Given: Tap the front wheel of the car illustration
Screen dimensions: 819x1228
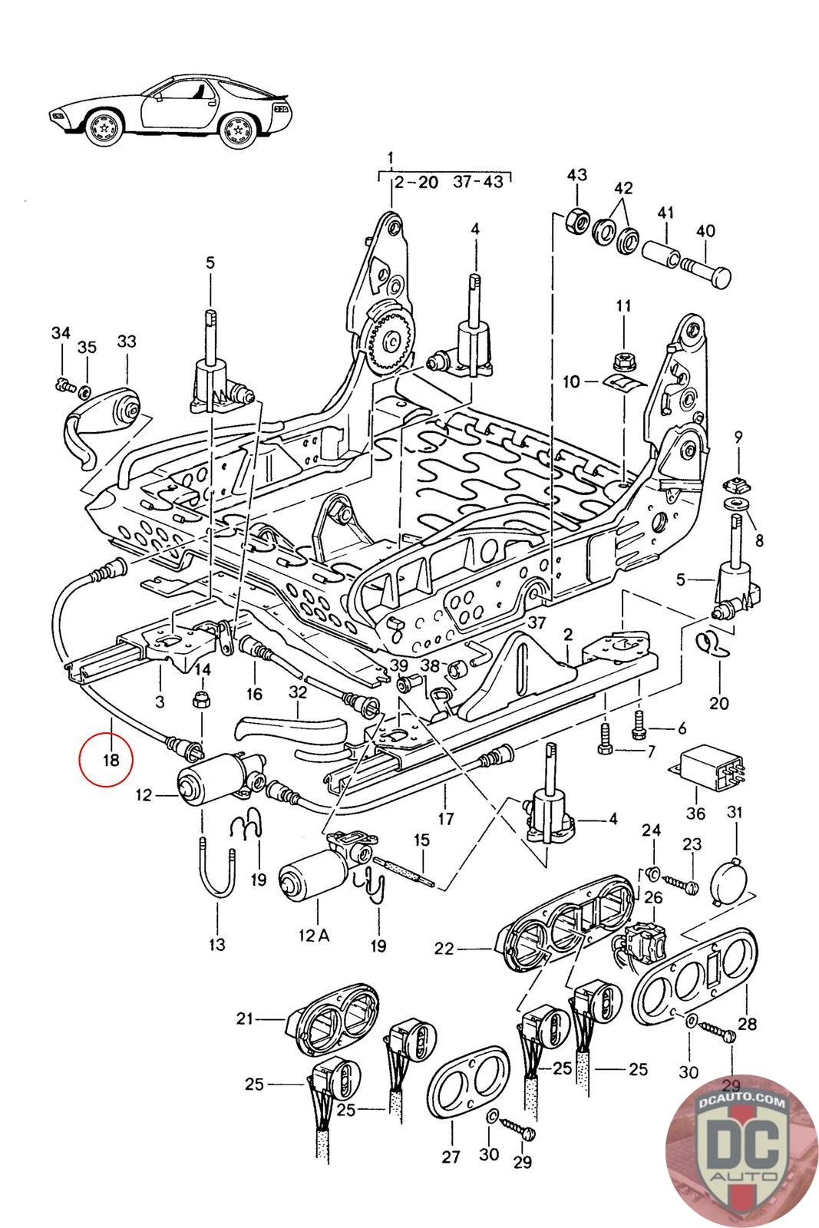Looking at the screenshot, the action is click(x=104, y=128).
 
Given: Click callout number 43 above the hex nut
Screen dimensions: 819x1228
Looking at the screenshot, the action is click(x=576, y=175).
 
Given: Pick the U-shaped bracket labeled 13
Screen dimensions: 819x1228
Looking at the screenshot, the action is click(x=218, y=873).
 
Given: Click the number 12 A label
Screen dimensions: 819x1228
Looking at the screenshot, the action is click(x=314, y=936).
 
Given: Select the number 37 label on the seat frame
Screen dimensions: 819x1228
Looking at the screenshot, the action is click(x=537, y=622).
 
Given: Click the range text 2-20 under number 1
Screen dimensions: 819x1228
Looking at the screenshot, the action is click(x=417, y=183).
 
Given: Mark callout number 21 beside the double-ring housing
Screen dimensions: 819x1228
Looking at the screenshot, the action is click(x=245, y=1018).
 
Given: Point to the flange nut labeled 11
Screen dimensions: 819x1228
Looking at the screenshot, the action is click(x=623, y=360).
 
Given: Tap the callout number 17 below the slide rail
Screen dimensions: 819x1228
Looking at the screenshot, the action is click(x=446, y=818).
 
